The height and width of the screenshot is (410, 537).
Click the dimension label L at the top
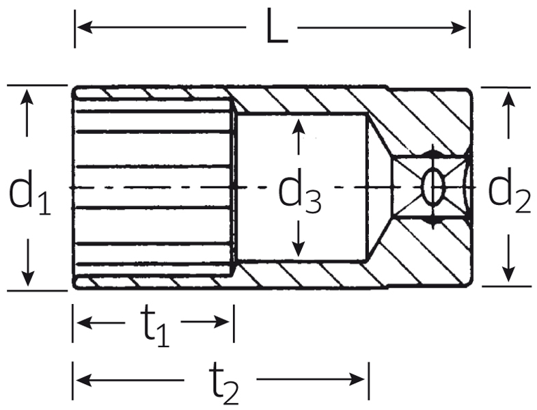pyautogui.click(x=277, y=26)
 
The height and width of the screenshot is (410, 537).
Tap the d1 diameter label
pyautogui.click(x=29, y=192)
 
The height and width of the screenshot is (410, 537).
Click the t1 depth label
pyautogui.click(x=155, y=326)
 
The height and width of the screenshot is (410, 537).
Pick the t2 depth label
pyautogui.click(x=224, y=383)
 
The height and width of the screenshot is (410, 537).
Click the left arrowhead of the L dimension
pyautogui.click(x=85, y=27)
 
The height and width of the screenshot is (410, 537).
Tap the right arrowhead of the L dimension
pyautogui.click(x=458, y=27)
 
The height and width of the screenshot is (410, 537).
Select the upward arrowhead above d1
pyautogui.click(x=27, y=96)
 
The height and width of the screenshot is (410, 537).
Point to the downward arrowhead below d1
pyautogui.click(x=27, y=277)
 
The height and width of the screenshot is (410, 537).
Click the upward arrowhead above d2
pyautogui.click(x=508, y=99)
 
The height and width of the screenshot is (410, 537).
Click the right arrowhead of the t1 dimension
pyautogui.click(x=222, y=322)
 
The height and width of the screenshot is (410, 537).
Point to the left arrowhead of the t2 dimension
pyautogui.click(x=84, y=380)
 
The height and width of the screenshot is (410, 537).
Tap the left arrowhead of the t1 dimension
pyautogui.click(x=85, y=322)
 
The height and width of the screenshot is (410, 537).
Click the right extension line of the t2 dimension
pyautogui.click(x=368, y=381)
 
